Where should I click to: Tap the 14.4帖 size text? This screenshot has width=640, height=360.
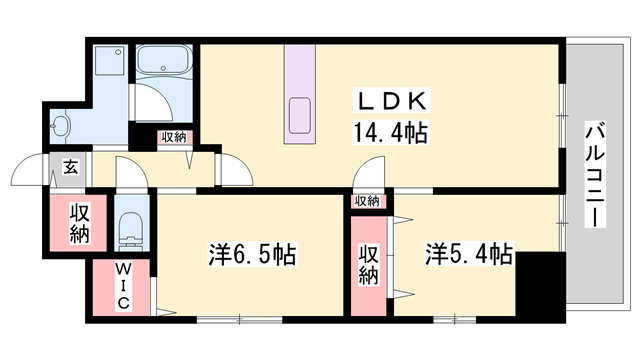point(389,132)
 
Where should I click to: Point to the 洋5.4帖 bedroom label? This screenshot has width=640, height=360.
point(469,253)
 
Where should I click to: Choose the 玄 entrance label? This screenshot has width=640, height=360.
point(71,167)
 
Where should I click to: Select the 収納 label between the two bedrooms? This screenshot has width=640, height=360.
point(368,263)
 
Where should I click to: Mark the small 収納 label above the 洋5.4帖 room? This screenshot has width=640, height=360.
point(367,201)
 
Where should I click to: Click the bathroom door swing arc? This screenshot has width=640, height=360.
point(150,100)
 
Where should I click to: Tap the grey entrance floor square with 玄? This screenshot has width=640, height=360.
point(69,167)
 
